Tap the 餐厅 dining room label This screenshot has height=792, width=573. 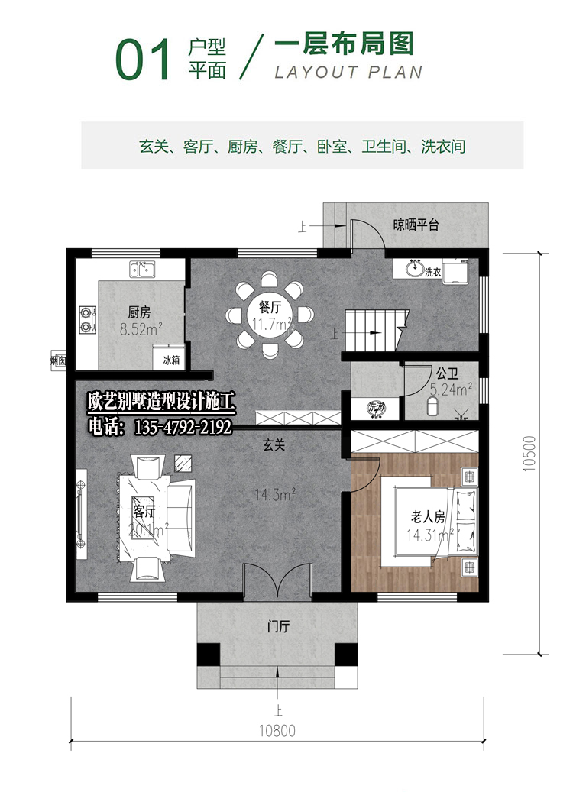pos(271,307)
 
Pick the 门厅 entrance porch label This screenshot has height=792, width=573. pos(277,628)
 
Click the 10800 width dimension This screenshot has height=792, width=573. pos(277,731)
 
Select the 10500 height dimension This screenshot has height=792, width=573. pos(529,455)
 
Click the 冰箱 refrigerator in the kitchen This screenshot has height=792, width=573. pos(171,358)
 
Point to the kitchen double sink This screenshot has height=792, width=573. pos(143,269)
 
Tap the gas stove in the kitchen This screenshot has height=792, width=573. pos(87,320)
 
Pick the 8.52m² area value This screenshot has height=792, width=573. pos(141,330)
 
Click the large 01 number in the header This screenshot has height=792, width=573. pos(143,61)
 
